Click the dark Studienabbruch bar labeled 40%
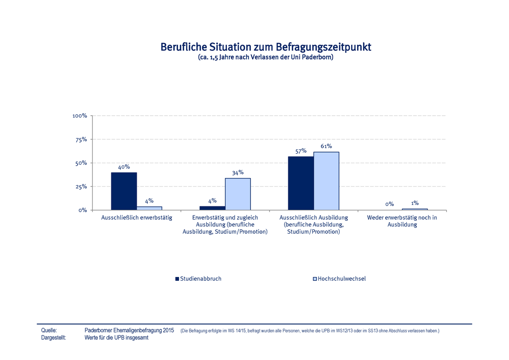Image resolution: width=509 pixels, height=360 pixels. click(124, 191)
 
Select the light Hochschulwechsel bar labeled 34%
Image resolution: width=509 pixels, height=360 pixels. click(237, 194)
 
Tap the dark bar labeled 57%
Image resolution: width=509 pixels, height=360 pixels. click(301, 183)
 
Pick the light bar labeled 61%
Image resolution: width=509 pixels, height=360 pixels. click(326, 181)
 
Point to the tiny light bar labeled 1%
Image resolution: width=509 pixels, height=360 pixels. click(414, 209)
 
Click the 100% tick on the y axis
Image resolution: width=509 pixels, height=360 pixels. click(80, 116)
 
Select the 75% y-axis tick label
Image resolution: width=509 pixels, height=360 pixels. click(81, 140)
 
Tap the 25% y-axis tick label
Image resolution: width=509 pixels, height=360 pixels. click(81, 187)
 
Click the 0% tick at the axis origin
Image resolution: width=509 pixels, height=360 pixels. click(82, 210)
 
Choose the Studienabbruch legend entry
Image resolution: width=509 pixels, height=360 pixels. click(198, 279)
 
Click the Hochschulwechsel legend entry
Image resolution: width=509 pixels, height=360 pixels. click(339, 279)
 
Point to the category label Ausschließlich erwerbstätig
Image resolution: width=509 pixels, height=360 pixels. click(137, 218)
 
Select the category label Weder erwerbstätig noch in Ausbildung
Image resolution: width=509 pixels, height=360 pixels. click(402, 221)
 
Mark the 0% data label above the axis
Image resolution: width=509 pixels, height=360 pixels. click(389, 204)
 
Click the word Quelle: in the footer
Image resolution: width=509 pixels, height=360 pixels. click(49, 331)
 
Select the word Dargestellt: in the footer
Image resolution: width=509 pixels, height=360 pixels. click(54, 338)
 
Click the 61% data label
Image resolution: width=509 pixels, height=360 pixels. click(326, 146)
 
